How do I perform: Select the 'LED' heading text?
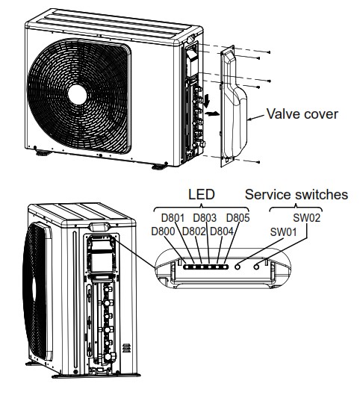[200, 195]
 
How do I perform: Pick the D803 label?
[206, 218]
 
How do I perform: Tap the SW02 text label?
[307, 218]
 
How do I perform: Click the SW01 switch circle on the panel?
[239, 264]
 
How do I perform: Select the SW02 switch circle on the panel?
[258, 264]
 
